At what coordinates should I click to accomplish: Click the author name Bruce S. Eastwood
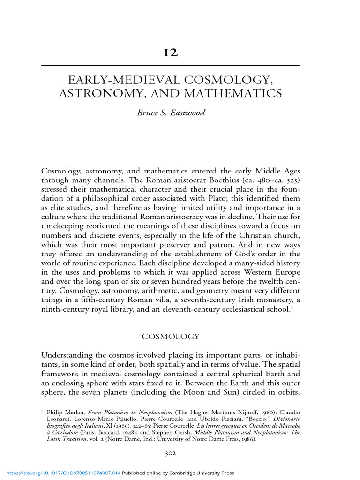171,113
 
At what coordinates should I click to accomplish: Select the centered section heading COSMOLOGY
171,337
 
